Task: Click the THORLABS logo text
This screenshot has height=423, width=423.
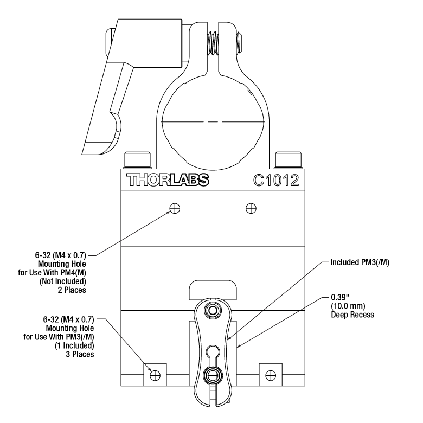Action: pyautogui.click(x=168, y=180)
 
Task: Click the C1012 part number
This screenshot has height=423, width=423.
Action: pyautogui.click(x=275, y=180)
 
